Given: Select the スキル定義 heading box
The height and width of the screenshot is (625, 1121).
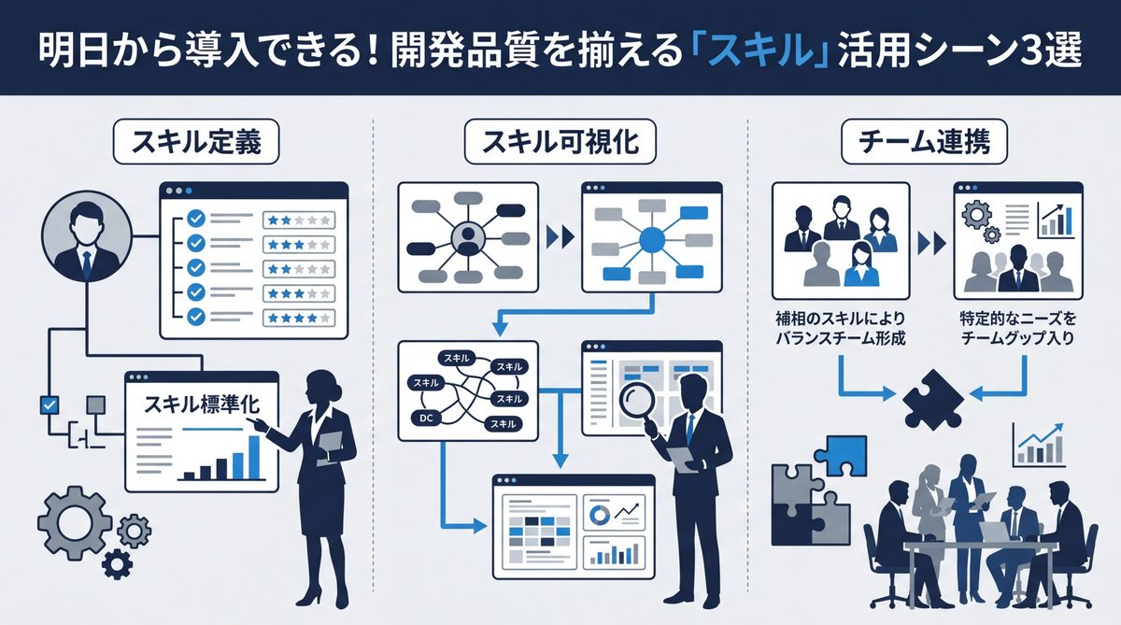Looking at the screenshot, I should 194,143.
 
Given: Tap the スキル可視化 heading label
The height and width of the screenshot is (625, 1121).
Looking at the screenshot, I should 560,143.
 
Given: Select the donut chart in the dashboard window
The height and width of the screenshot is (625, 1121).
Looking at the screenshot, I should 599,513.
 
